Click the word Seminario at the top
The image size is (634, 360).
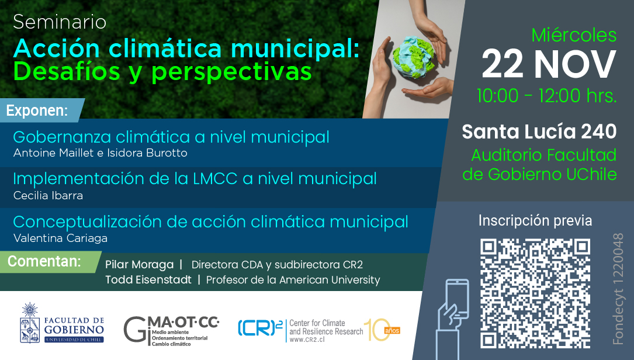click(60, 22)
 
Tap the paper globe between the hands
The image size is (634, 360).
click(413, 57)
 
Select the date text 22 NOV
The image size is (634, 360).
click(549, 64)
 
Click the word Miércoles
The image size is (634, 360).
click(574, 35)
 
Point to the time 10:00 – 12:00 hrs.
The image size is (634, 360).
click(547, 96)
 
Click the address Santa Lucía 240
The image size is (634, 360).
click(539, 131)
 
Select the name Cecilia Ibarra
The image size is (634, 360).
click(48, 195)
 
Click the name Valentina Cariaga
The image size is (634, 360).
click(60, 238)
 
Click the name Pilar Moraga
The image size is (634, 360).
click(140, 265)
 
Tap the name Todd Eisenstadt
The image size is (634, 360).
click(148, 280)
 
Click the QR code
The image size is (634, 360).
click(535, 293)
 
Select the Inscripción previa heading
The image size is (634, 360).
click(535, 220)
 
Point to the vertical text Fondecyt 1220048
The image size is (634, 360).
click(618, 289)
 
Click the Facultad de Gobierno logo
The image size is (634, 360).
click(62, 323)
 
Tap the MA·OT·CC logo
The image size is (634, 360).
click(171, 331)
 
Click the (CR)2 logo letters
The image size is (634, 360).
click(260, 328)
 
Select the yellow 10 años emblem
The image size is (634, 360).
click(382, 330)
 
